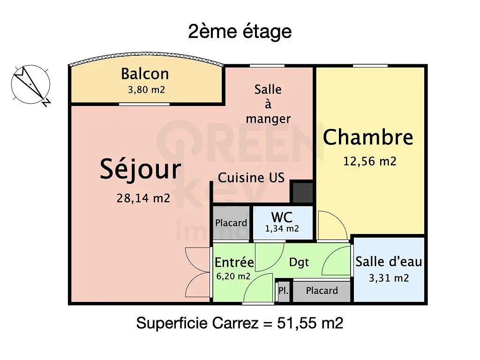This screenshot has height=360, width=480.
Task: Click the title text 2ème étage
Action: [x=240, y=32]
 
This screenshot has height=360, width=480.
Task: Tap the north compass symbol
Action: [x=30, y=84]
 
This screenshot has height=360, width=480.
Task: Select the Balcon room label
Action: [x=145, y=74]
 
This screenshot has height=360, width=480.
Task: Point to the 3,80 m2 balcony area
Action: [x=146, y=90]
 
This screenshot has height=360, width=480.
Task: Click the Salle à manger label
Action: [x=268, y=104]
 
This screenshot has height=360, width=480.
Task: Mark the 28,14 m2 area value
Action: [x=143, y=198]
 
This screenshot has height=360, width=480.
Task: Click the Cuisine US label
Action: [x=251, y=178]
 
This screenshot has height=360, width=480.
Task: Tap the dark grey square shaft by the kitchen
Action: [x=302, y=192]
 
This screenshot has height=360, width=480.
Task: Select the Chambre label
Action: [x=368, y=137]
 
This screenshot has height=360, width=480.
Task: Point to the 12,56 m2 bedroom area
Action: [x=370, y=161]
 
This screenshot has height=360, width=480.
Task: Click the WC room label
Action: [x=282, y=217]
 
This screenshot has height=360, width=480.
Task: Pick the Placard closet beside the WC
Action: [x=231, y=223]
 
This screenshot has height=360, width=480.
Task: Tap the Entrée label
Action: [x=234, y=262]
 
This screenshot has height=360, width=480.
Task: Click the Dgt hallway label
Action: [x=299, y=262]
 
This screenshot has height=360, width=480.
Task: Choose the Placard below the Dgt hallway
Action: [x=322, y=291]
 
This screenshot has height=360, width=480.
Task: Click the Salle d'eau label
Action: [x=389, y=262]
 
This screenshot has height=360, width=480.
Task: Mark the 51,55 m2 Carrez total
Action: [x=310, y=323]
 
